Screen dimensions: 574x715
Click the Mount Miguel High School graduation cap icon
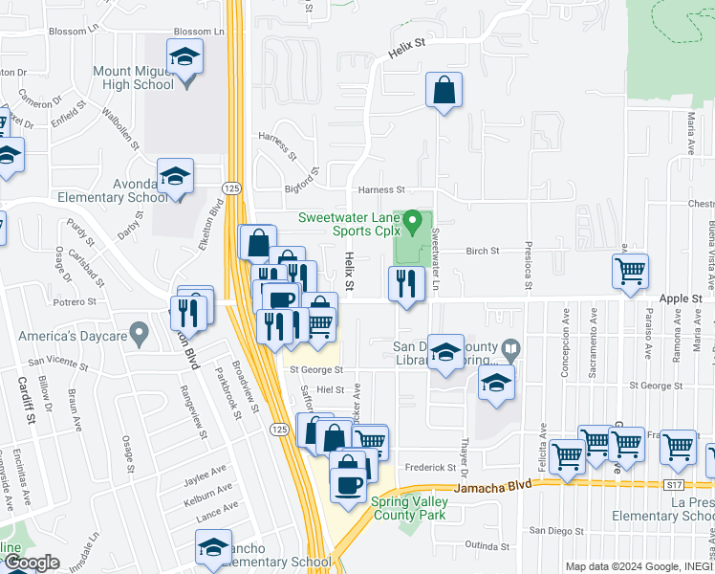(185, 55)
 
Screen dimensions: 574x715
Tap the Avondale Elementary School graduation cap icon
(175, 176)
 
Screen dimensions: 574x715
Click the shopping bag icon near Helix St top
(444, 91)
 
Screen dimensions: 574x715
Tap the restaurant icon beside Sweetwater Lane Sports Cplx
(406, 283)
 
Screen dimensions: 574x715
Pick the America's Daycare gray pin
(140, 335)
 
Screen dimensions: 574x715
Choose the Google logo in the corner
(32, 563)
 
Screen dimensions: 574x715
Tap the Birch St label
(483, 252)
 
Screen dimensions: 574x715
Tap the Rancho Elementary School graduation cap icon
(213, 547)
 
